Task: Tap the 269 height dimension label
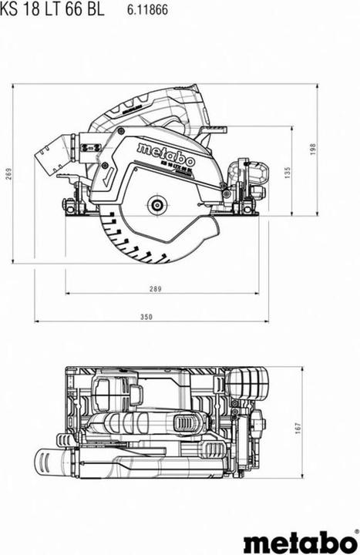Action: point(8,174)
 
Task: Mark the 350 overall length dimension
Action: point(147,316)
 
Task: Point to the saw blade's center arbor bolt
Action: point(157,205)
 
